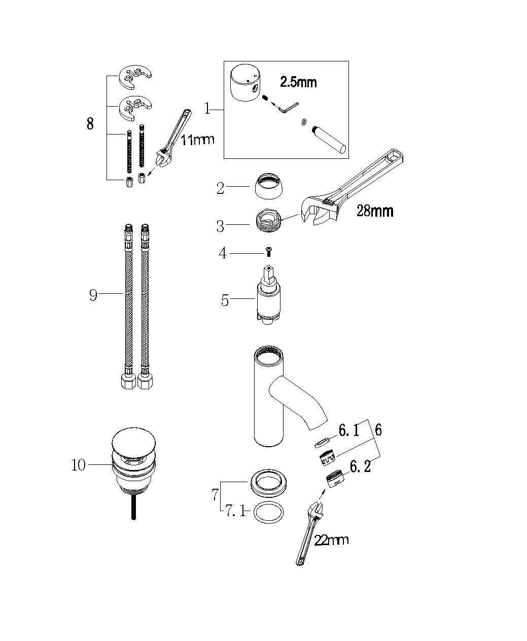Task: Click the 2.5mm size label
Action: [x=298, y=82]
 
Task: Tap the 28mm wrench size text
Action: [x=375, y=211]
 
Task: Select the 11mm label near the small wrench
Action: [x=197, y=140]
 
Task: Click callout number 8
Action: [x=90, y=124]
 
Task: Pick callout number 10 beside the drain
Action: [x=79, y=465]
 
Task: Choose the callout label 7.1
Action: [x=235, y=511]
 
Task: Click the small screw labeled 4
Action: [x=268, y=252]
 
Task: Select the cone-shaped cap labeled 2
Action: [x=269, y=186]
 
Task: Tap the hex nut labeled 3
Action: [x=269, y=221]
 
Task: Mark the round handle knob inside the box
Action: [x=245, y=84]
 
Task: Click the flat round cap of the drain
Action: [x=133, y=442]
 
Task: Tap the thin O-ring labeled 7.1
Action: [x=268, y=513]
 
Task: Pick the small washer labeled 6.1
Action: [x=322, y=443]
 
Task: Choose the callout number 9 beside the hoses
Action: [x=93, y=294]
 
